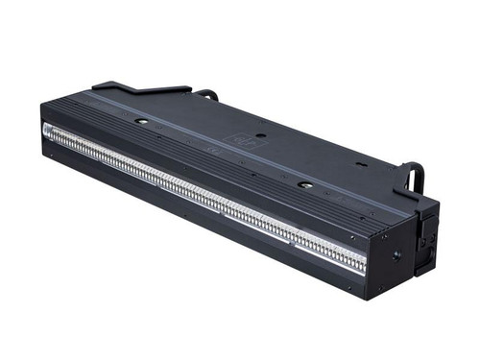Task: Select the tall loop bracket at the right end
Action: coord(413,178)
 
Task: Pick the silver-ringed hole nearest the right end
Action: coord(304,184)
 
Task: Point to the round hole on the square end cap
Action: coord(396,256)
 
